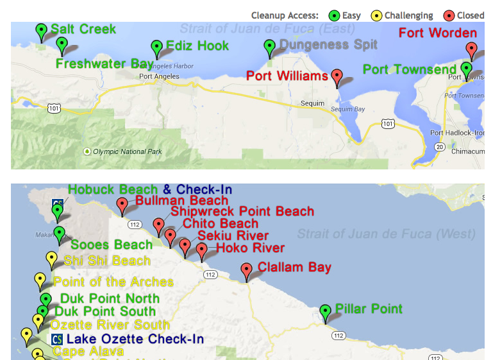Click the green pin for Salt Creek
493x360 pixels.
[x=42, y=30]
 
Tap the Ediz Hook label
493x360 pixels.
[x=197, y=46]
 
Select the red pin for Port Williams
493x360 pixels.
[x=337, y=76]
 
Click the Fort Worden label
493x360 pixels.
[x=438, y=33]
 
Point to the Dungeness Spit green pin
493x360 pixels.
[x=270, y=46]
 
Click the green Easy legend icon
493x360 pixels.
[x=333, y=15]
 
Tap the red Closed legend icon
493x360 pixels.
[x=449, y=15]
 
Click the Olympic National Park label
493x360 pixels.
[x=122, y=152]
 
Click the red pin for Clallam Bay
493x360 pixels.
[x=247, y=270]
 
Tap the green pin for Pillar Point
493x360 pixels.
[x=326, y=312]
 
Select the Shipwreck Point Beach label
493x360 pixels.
[x=242, y=211]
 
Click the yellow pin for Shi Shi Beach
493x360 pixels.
[x=52, y=259]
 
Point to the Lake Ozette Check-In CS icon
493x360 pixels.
[x=56, y=339]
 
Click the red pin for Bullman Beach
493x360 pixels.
[x=122, y=205]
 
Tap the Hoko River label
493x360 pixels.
[x=250, y=248]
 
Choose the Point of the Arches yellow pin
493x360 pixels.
[x=40, y=280]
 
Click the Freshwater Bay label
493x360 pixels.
[x=104, y=64]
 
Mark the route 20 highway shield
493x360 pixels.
[x=439, y=147]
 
